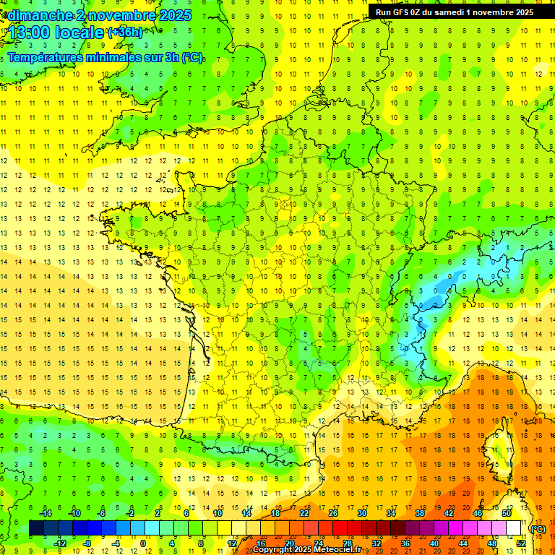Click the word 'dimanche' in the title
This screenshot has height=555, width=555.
[36, 14]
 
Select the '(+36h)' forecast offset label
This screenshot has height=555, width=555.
[124, 32]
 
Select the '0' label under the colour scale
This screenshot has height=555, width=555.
[143, 543]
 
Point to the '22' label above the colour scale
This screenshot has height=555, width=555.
[305, 512]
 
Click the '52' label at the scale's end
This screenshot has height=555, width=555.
[520, 543]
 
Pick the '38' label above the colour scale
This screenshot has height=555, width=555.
[420, 512]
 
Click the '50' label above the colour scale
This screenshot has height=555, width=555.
[507, 512]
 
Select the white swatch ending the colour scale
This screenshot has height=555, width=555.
[513, 528]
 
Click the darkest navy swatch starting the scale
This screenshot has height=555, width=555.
[36, 528]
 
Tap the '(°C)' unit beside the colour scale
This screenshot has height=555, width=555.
[538, 529]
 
